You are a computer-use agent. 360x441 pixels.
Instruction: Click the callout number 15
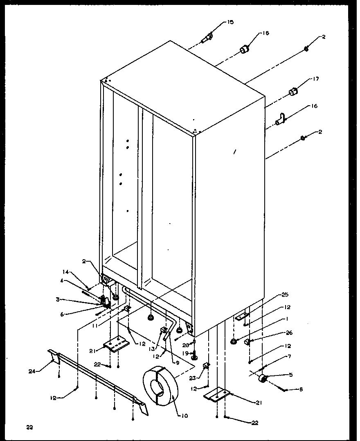coord(230,22)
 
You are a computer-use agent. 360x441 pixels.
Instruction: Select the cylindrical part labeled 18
coord(244,50)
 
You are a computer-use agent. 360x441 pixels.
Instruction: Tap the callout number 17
coord(315,79)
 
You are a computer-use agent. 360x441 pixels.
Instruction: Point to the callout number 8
coord(301,390)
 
